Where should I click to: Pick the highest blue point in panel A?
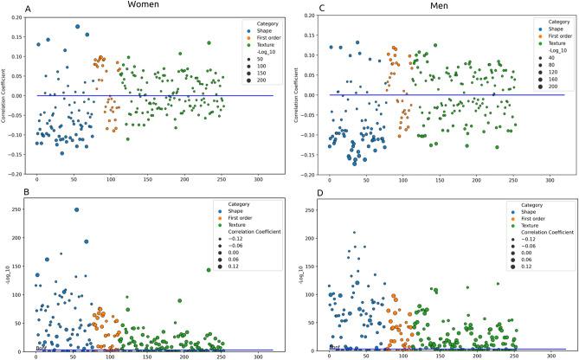click(x=77, y=27)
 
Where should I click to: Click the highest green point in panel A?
click(x=209, y=43)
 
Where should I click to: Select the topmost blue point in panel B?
click(x=77, y=209)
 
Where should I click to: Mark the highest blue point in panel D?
click(x=354, y=233)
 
